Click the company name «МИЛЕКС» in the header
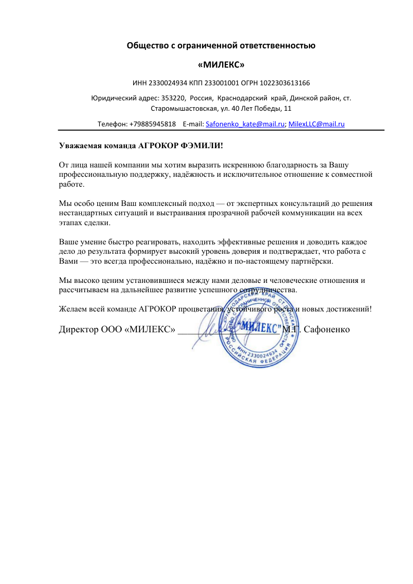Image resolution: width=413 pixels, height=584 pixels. coord(222,65)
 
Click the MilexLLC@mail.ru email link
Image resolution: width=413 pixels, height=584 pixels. coord(317,124)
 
